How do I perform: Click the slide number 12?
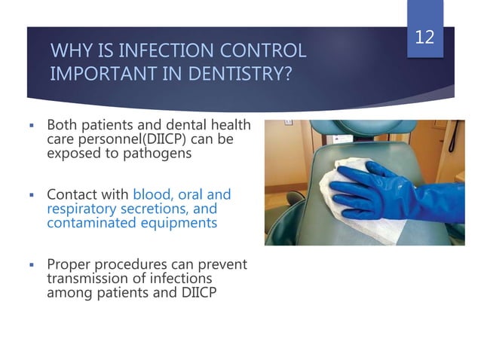(424, 37)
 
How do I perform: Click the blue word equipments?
(178, 223)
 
